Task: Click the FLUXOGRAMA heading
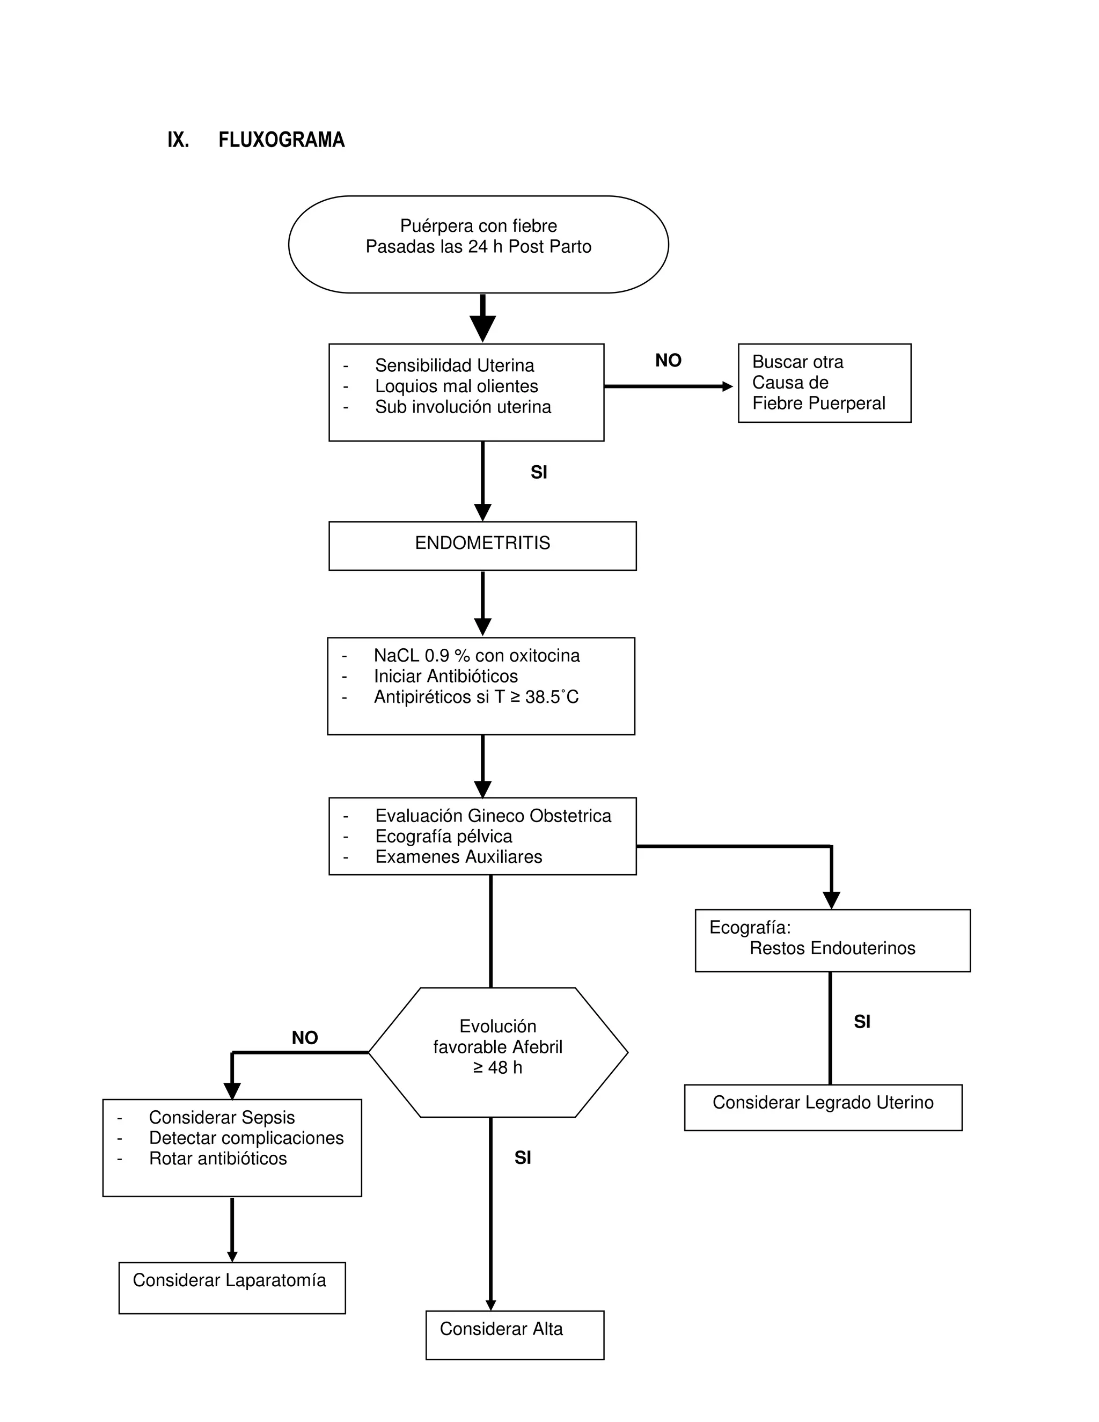[281, 140]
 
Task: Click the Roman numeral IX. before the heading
[178, 140]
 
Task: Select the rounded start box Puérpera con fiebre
[479, 244]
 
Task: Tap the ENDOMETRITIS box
[482, 546]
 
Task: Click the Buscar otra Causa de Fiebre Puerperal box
[824, 383]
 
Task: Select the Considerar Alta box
[514, 1335]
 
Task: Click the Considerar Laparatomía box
[232, 1288]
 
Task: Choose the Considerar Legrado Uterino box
[823, 1107]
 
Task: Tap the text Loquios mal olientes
[457, 386]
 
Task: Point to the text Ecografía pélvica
[443, 836]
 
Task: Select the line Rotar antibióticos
[217, 1159]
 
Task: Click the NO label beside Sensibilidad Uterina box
[668, 361]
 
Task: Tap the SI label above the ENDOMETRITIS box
[538, 473]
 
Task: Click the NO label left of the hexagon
[305, 1038]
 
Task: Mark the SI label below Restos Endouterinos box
[862, 1022]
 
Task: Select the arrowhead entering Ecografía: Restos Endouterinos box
[831, 899]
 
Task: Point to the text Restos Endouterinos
[832, 948]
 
